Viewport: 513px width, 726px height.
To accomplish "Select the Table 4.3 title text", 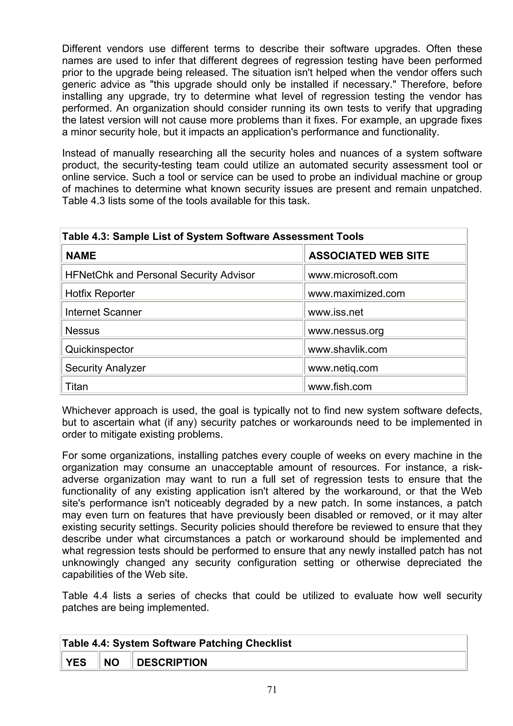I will [x=213, y=236].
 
